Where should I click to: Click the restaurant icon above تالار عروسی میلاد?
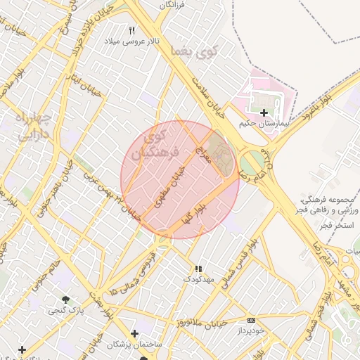pyautogui.click(x=131, y=30)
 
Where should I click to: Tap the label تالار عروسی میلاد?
pyautogui.click(x=133, y=41)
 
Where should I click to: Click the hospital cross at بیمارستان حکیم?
pyautogui.click(x=264, y=112)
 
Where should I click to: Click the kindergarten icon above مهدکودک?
pyautogui.click(x=198, y=269)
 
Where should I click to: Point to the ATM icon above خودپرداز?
pyautogui.click(x=251, y=321)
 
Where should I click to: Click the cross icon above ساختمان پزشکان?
pyautogui.click(x=134, y=333)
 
